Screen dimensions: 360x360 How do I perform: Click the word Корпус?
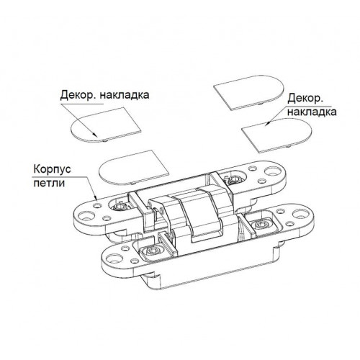tap(52, 169)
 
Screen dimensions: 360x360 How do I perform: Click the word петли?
tap(49, 184)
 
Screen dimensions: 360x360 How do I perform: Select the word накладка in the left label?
tap(125, 95)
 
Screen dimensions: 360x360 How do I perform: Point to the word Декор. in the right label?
tap(305, 99)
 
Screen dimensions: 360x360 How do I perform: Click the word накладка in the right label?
tap(312, 112)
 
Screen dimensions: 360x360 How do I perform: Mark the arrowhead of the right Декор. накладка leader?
tap(268, 124)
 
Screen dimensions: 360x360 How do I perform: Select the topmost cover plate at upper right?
tap(249, 93)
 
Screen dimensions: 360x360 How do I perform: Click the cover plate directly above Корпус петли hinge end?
tap(134, 168)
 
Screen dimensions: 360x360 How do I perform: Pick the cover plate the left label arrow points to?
tap(106, 125)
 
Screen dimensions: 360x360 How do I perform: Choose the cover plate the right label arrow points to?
tap(276, 135)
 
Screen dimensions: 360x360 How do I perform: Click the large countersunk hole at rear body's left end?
tap(86, 216)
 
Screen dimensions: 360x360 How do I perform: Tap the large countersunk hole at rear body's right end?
tap(273, 171)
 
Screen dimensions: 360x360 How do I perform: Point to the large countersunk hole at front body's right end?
tap(300, 214)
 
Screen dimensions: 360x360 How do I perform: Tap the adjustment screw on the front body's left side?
tap(153, 251)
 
